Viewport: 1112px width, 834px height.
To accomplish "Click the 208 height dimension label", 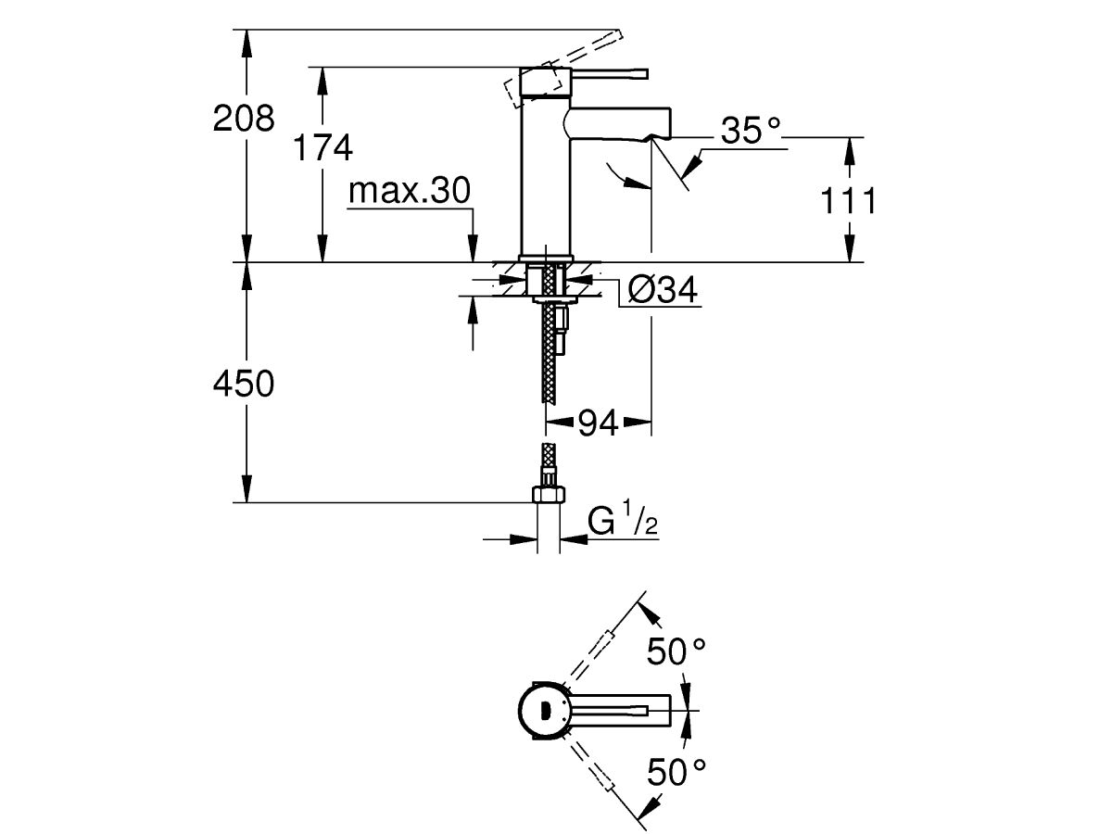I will click(x=244, y=119).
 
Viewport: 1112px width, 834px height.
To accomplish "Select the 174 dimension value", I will click(x=322, y=148).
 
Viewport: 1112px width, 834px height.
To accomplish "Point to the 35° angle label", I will click(x=751, y=133).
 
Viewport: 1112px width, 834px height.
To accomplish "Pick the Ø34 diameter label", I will click(x=661, y=291).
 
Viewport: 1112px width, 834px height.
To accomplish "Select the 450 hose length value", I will click(x=244, y=384).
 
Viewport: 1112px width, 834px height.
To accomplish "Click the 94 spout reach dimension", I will click(x=599, y=423).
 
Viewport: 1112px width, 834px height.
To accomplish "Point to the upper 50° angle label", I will click(x=676, y=651).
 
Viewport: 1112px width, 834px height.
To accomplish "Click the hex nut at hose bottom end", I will click(x=549, y=493).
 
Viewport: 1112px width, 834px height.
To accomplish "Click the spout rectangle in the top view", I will click(x=621, y=711).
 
